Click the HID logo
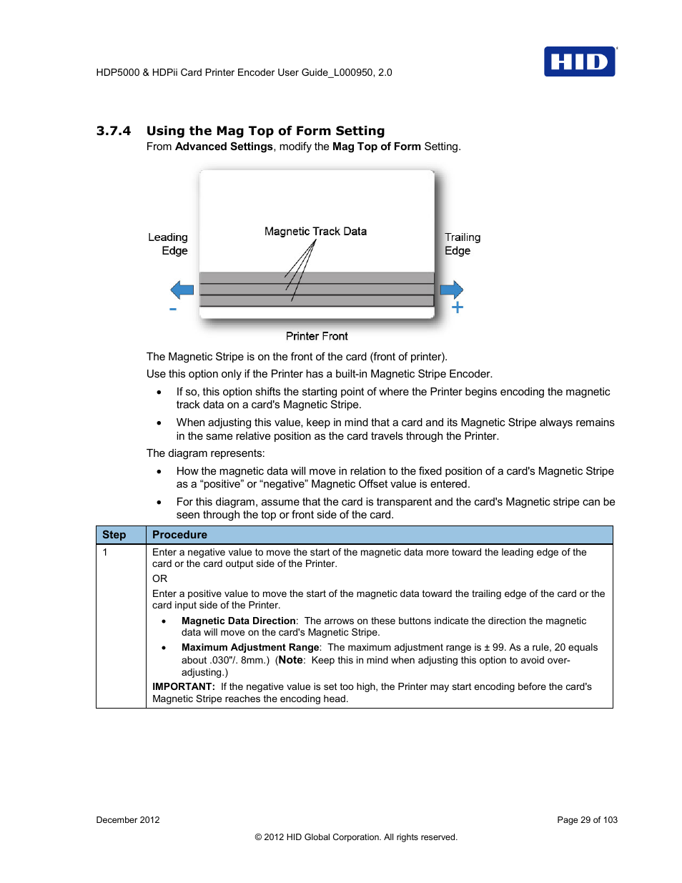pos(579,61)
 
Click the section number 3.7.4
pos(114,131)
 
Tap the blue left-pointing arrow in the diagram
pos(182,290)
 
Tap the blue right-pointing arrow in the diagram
pos(452,290)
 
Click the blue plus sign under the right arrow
pos(458,307)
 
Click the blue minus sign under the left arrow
pos(173,310)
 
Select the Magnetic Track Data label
pos(315,232)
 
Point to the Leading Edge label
pos(169,244)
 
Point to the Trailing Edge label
pos(462,244)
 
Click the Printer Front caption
pos(317,336)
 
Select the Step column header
pos(114,535)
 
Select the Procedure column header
pos(179,535)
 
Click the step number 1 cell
pos(105,553)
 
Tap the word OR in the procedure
pos(159,579)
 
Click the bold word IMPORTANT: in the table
pos(184,687)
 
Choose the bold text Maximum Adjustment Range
pos(250,648)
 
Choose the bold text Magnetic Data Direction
pos(238,621)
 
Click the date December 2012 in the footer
pos(128,820)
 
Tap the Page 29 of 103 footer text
pos(587,820)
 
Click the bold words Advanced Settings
pos(224,147)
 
